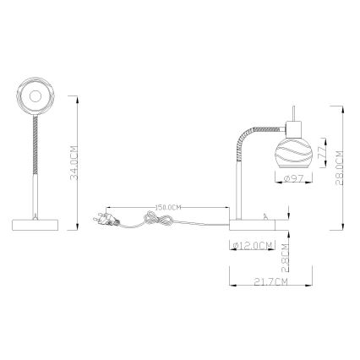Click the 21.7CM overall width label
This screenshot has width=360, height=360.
[270, 280]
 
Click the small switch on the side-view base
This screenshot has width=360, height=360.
[266, 217]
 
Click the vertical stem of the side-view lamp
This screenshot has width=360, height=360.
[236, 186]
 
